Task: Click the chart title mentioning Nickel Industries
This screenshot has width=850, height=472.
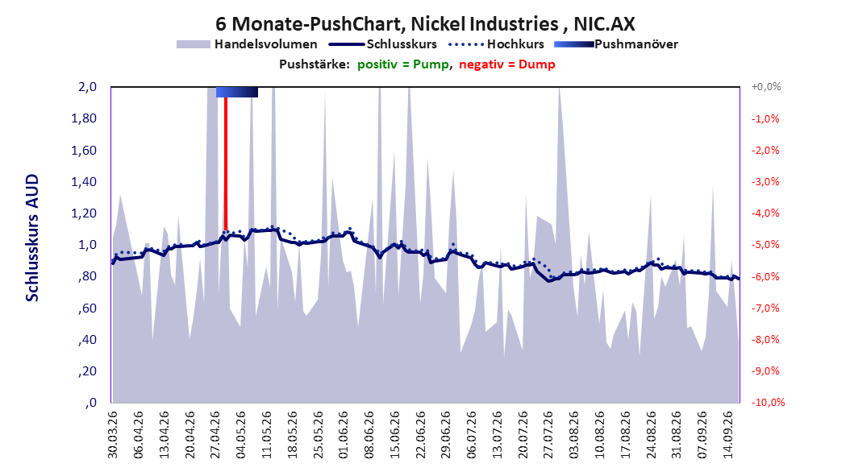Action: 425,24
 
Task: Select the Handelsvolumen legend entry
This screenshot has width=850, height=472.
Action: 248,44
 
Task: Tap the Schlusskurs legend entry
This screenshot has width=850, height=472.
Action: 383,44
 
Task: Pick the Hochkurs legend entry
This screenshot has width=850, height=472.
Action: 497,44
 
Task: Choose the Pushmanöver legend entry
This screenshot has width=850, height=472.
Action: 616,44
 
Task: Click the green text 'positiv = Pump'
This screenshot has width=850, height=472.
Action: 403,64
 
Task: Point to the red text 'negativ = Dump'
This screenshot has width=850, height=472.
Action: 507,64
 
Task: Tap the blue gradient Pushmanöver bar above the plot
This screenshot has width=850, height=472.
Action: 237,92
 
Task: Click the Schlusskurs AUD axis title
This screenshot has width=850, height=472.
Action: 32,238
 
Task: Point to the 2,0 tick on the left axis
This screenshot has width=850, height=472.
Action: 88,87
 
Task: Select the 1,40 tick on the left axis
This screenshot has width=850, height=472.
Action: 84,182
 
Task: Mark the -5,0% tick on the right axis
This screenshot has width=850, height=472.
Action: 765,245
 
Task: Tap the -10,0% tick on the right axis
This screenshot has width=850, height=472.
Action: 768,402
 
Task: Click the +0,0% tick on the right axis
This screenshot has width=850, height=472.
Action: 766,87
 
